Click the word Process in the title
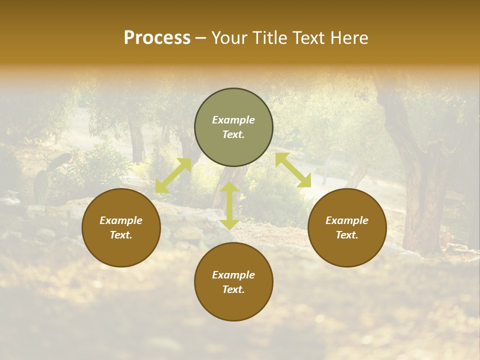(157, 38)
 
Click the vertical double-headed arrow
(229, 205)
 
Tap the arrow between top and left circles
(173, 175)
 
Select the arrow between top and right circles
(293, 170)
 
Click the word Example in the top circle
(233, 120)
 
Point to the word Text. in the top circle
(233, 134)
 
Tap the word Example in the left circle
(121, 220)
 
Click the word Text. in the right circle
(347, 235)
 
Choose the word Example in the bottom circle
(233, 275)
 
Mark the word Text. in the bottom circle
(233, 289)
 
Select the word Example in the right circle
(347, 220)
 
